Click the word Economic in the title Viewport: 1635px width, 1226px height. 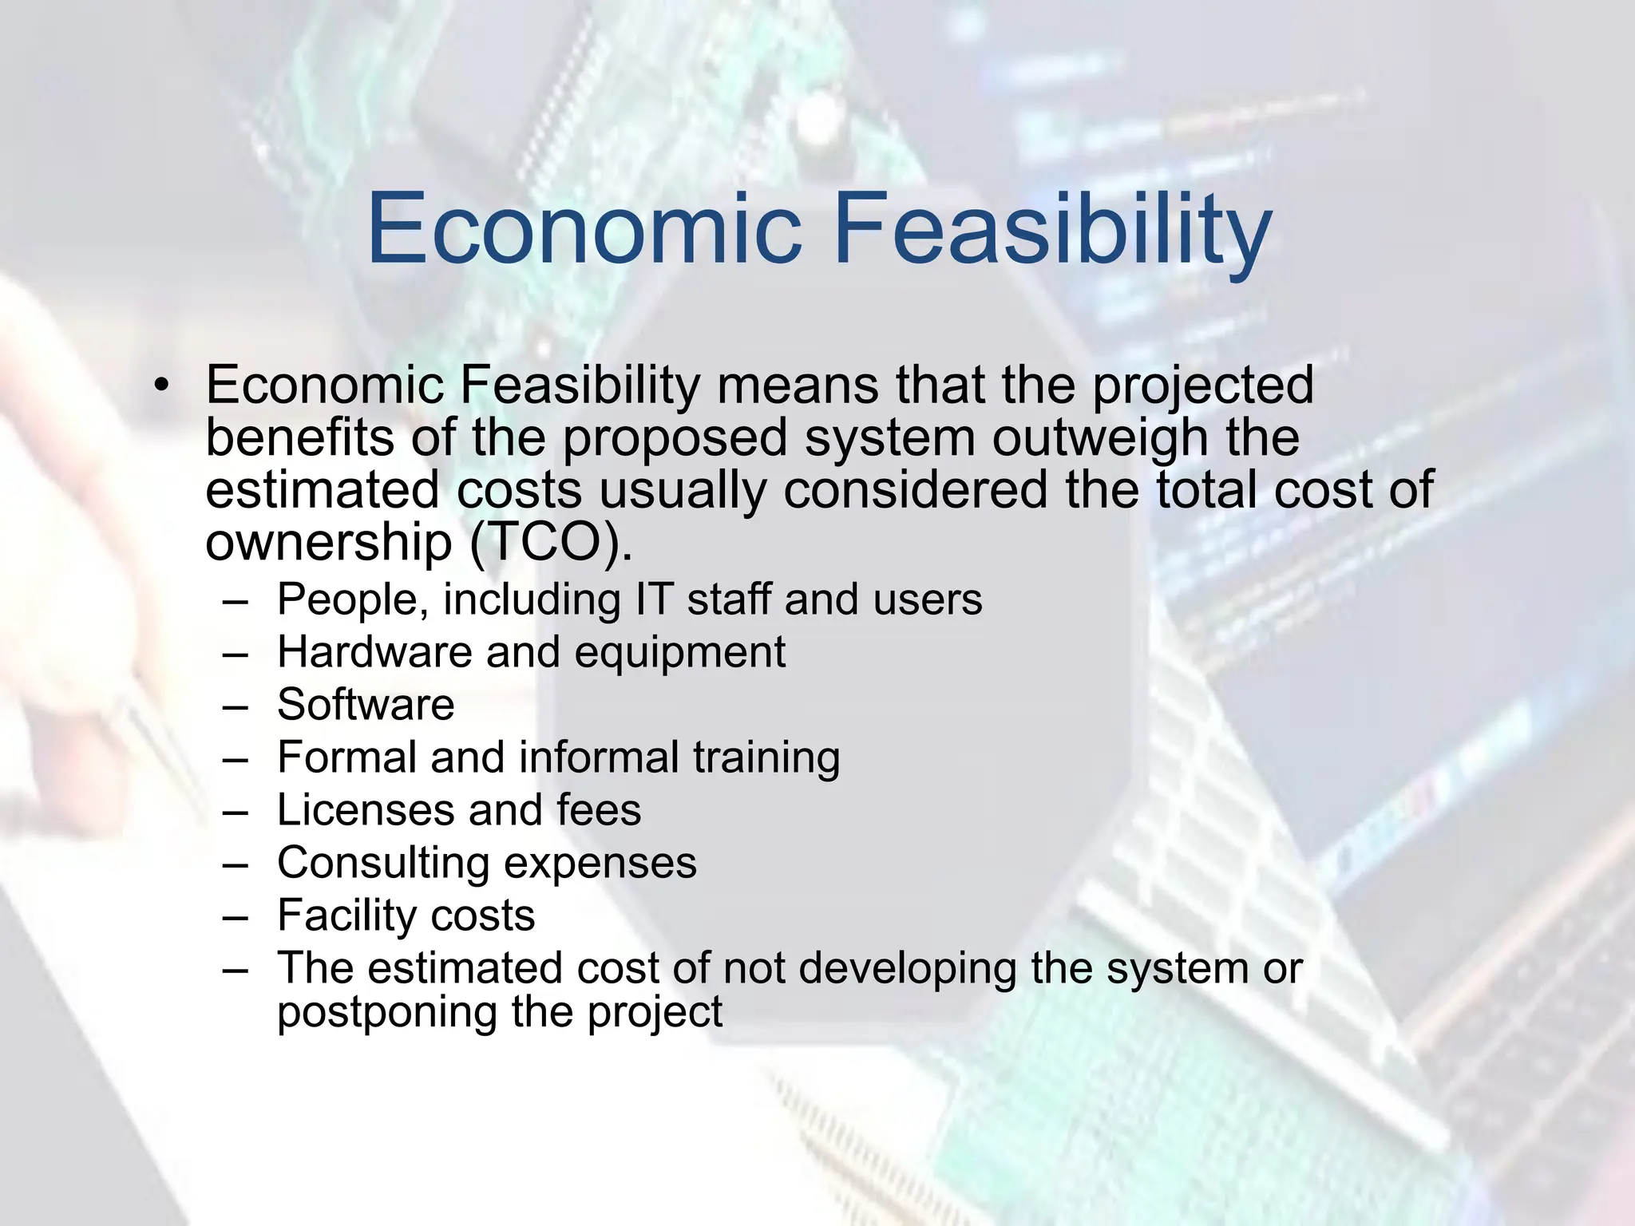pyautogui.click(x=584, y=228)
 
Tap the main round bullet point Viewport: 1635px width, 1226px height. pyautogui.click(x=163, y=386)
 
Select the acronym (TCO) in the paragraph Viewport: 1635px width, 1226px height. pyautogui.click(x=550, y=543)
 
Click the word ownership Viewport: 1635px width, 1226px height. pyautogui.click(x=328, y=543)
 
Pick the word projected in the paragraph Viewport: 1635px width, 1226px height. pyautogui.click(x=1202, y=386)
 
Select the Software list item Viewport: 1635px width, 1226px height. pyautogui.click(x=366, y=705)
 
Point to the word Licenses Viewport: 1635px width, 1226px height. pyautogui.click(x=365, y=810)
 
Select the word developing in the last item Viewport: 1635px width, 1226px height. pyautogui.click(x=907, y=969)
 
